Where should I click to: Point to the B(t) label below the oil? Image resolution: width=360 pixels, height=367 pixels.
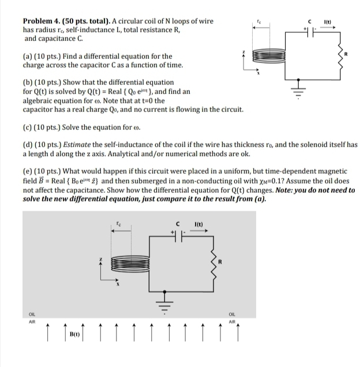pos(74,334)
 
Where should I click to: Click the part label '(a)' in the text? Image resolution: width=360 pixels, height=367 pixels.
pos(28,56)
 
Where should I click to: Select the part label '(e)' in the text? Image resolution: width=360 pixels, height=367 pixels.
pos(28,171)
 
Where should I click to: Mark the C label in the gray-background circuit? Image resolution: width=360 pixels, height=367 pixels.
pos(178,225)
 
